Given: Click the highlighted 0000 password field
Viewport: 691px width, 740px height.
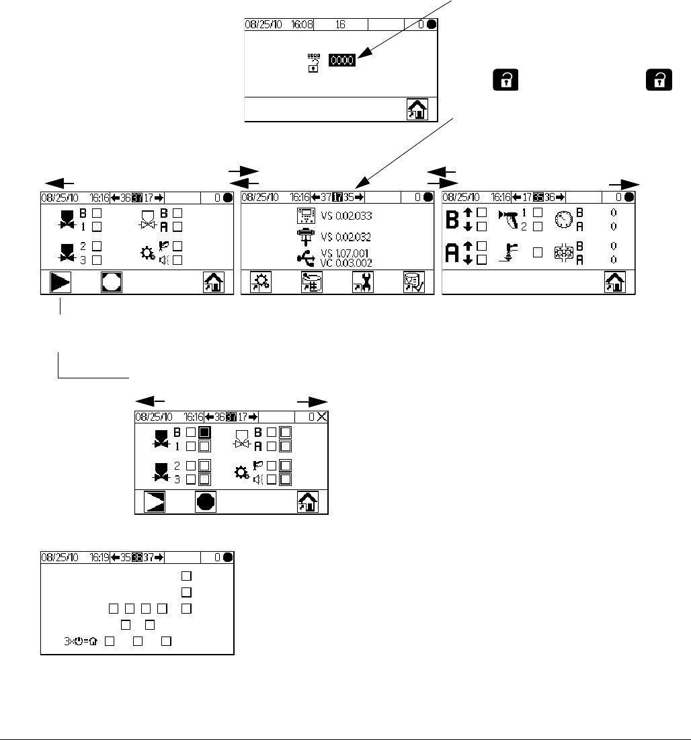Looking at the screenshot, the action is point(342,60).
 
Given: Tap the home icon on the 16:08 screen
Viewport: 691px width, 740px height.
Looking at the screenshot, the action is point(417,110).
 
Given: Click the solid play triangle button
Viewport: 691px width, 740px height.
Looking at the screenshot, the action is point(60,283).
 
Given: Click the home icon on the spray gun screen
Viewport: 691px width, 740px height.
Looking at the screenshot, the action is point(615,283).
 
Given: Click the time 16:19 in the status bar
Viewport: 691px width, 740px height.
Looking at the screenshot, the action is point(100,557).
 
